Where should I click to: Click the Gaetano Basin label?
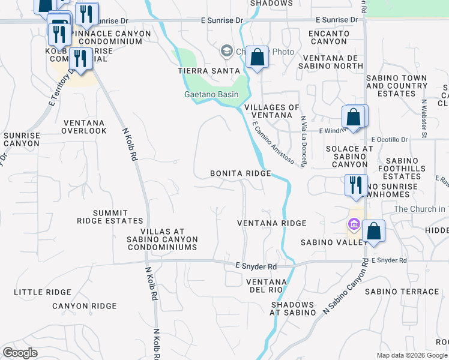click(x=211, y=94)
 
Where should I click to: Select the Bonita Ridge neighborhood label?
click(x=240, y=173)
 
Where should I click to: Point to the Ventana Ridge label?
click(x=271, y=223)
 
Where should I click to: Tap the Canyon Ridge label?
click(x=84, y=306)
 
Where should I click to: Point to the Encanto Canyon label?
click(x=328, y=37)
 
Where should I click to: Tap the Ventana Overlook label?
click(x=83, y=127)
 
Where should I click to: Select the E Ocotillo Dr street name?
click(x=390, y=139)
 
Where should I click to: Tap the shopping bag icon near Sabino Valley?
click(x=373, y=231)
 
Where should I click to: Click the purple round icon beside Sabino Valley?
click(x=354, y=225)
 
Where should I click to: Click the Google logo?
click(x=20, y=353)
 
